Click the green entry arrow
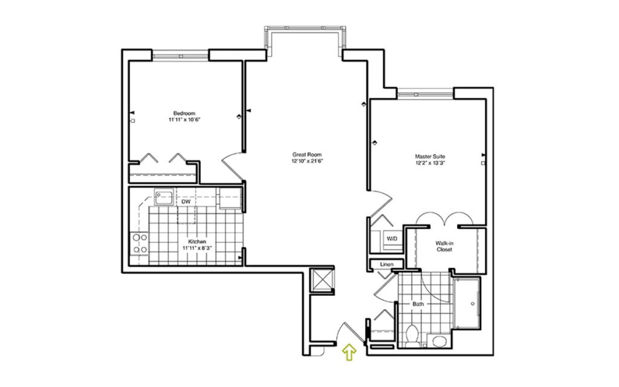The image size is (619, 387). point(349,353)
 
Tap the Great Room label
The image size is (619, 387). point(306,155)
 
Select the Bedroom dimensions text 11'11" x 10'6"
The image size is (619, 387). point(184,120)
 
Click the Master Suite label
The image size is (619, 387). point(430,157)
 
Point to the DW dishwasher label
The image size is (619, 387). point(186,202)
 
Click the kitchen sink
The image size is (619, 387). point(164,198)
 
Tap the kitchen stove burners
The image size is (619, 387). point(140,244)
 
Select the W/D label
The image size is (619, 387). point(392,239)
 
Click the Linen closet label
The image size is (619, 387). point(387,264)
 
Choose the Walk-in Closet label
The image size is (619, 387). point(444,247)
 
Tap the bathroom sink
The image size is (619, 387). point(438,341)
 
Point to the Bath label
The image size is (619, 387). point(418,304)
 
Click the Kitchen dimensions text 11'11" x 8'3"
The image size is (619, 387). point(197,249)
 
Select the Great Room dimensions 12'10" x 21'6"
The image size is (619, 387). point(307,161)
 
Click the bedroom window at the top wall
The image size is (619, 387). point(180,55)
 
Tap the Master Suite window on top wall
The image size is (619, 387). point(425,94)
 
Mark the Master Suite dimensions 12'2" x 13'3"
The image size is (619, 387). point(430,163)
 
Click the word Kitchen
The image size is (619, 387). point(197,242)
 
